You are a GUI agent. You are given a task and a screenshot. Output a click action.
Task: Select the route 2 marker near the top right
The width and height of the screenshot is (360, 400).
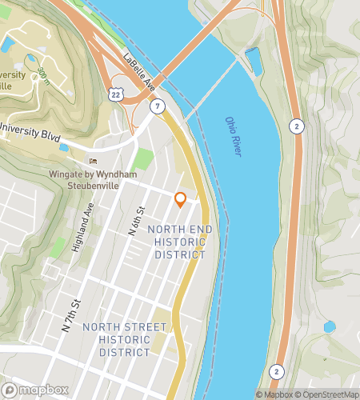point(296,126)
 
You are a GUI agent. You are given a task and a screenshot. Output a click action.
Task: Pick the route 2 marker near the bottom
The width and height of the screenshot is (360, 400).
point(276,371)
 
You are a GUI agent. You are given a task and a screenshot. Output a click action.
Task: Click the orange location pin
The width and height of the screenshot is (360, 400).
point(180,199)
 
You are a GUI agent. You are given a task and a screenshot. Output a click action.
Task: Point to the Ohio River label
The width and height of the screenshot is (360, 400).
point(233,137)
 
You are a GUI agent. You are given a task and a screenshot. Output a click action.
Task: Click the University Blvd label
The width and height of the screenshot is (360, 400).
point(30,133)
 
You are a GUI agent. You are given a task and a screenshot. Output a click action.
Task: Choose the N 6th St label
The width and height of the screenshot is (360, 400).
point(138,221)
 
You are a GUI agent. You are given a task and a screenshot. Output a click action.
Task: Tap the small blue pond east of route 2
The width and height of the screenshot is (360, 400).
point(330,326)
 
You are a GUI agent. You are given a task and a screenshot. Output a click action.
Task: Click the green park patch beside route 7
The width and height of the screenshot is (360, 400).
point(142,158)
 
